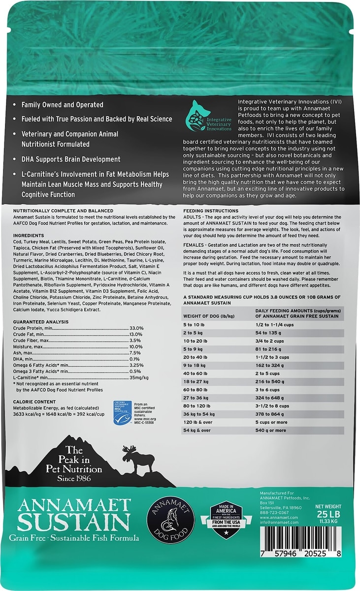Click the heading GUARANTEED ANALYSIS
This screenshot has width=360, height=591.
[41, 322]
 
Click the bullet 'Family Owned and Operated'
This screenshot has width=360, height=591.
[62, 105]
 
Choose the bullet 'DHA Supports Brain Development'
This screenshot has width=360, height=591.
[71, 159]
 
